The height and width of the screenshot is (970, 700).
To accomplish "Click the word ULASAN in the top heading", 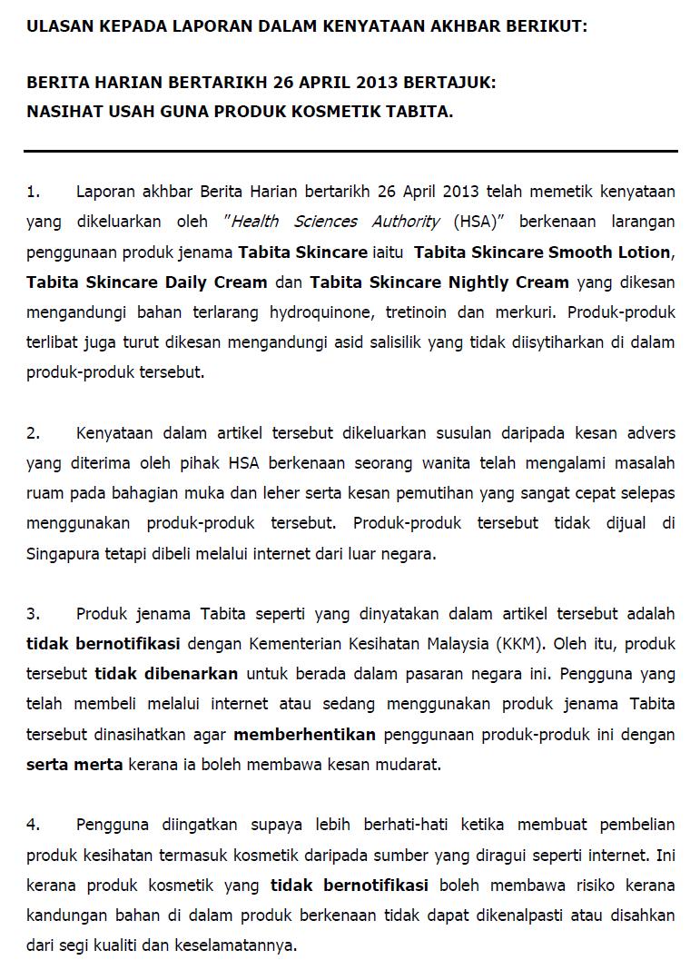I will click(57, 26).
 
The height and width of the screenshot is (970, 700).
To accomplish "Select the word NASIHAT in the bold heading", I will click(62, 113).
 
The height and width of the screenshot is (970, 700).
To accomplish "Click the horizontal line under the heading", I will click(350, 151).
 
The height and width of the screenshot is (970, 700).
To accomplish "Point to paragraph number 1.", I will click(33, 192).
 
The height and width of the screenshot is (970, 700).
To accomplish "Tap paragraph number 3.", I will click(33, 614).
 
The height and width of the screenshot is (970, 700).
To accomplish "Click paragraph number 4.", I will click(33, 825).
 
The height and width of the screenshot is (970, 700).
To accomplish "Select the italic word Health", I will click(256, 222).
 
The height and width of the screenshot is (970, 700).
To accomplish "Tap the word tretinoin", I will click(418, 312).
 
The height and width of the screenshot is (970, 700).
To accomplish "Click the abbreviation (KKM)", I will click(521, 644).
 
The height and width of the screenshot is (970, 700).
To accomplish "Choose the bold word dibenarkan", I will click(166, 674).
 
